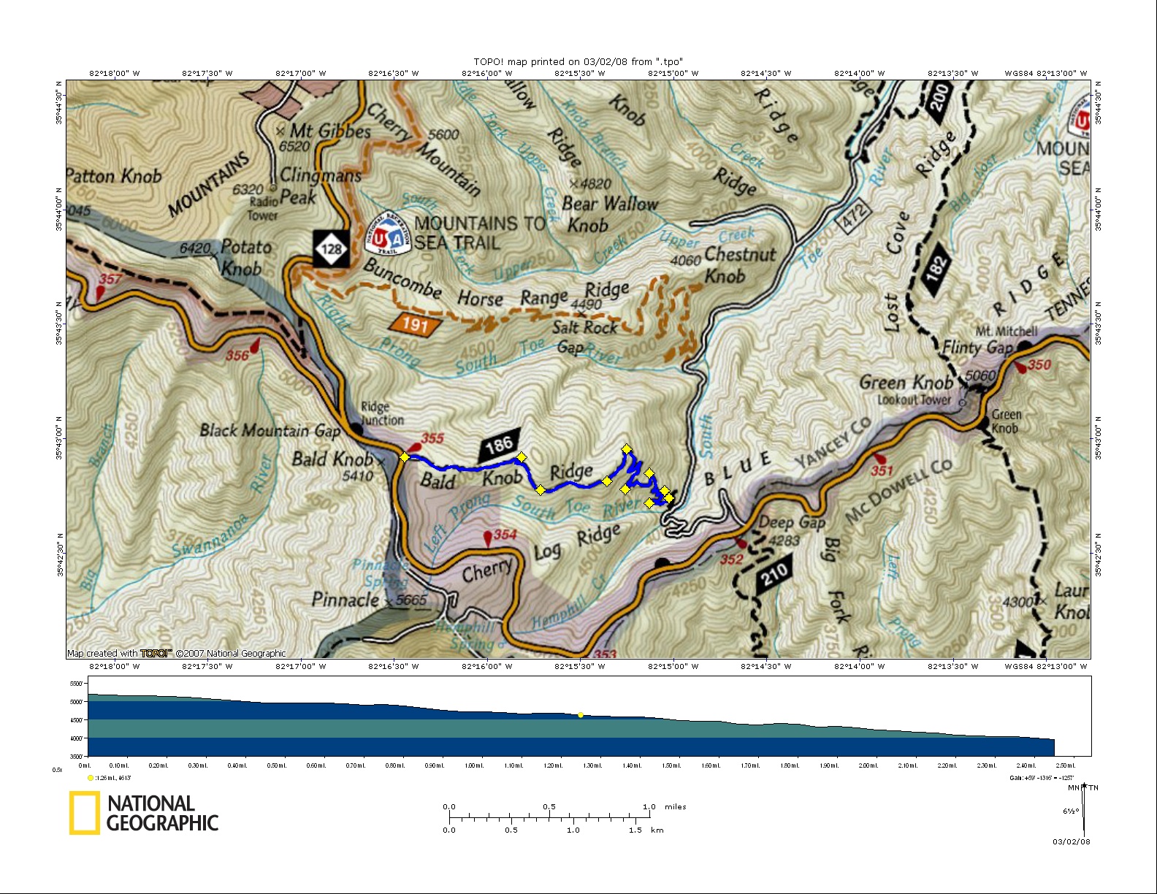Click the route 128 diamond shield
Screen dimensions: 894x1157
coord(332,249)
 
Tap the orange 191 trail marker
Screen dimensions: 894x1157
coord(415,324)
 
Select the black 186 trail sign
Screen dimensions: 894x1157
coord(500,444)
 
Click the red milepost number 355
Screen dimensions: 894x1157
coord(432,438)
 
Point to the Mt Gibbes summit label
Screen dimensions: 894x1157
coord(329,131)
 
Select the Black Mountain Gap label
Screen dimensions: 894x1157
coord(270,430)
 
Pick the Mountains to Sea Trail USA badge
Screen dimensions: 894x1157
coord(387,234)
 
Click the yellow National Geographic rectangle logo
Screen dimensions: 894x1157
coord(85,812)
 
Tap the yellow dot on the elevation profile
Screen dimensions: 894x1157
coord(581,715)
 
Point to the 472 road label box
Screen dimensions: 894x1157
coord(853,215)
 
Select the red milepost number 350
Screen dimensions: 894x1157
coord(1039,364)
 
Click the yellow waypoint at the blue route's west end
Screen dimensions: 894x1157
coord(405,457)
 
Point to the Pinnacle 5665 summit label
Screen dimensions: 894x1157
coord(369,600)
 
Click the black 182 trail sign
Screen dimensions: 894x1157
coord(936,270)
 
